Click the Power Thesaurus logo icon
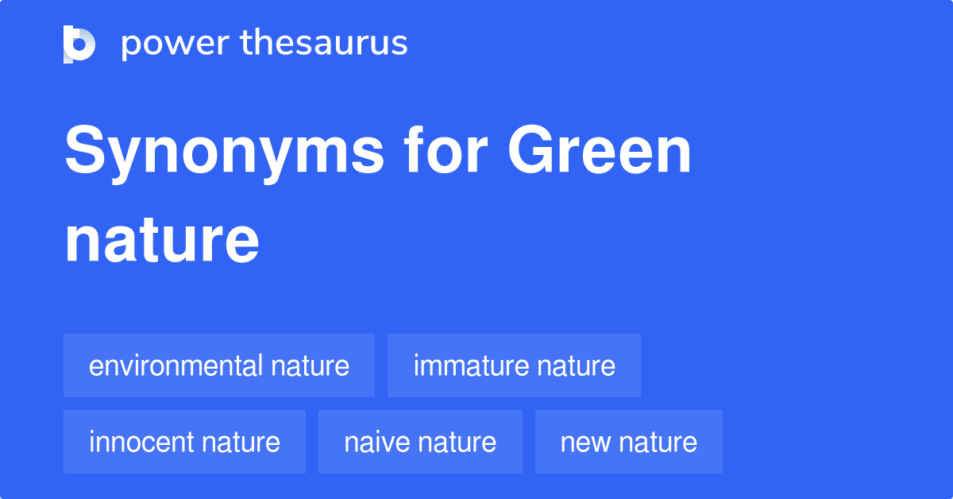click(79, 44)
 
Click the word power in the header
click(176, 44)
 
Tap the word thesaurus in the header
click(324, 42)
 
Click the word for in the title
click(446, 149)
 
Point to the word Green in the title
click(599, 149)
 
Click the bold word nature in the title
click(162, 241)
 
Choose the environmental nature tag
click(219, 366)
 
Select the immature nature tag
click(514, 366)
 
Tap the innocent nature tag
click(184, 442)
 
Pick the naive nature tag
click(420, 442)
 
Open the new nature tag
click(629, 442)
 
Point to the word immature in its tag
click(472, 366)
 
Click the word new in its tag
click(585, 443)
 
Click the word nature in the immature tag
click(576, 366)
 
